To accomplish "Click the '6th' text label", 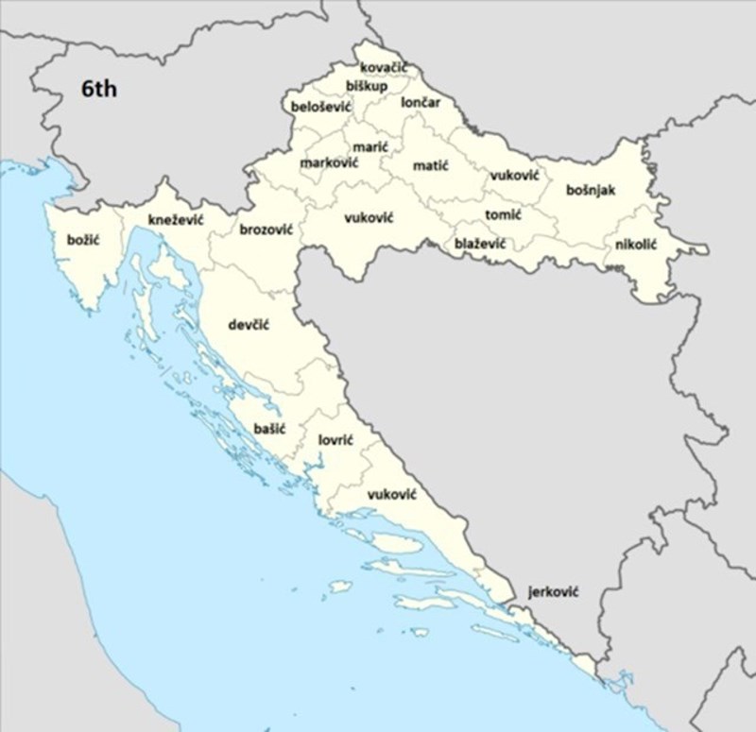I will click(x=100, y=90).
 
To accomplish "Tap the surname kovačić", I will click(x=384, y=68).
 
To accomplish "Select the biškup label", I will click(x=367, y=86).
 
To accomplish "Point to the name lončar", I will click(x=421, y=102).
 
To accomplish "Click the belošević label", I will click(x=321, y=108).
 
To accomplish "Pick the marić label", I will click(x=369, y=146).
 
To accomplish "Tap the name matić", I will click(x=430, y=166).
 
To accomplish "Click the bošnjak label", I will click(x=591, y=191).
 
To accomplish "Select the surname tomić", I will click(x=503, y=215).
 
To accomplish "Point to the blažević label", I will click(x=479, y=244).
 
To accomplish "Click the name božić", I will click(x=83, y=240).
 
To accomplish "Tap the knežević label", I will click(x=176, y=220).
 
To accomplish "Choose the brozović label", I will click(x=266, y=230).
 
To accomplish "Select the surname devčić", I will click(x=249, y=325).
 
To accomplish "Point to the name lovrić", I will click(x=335, y=439).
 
